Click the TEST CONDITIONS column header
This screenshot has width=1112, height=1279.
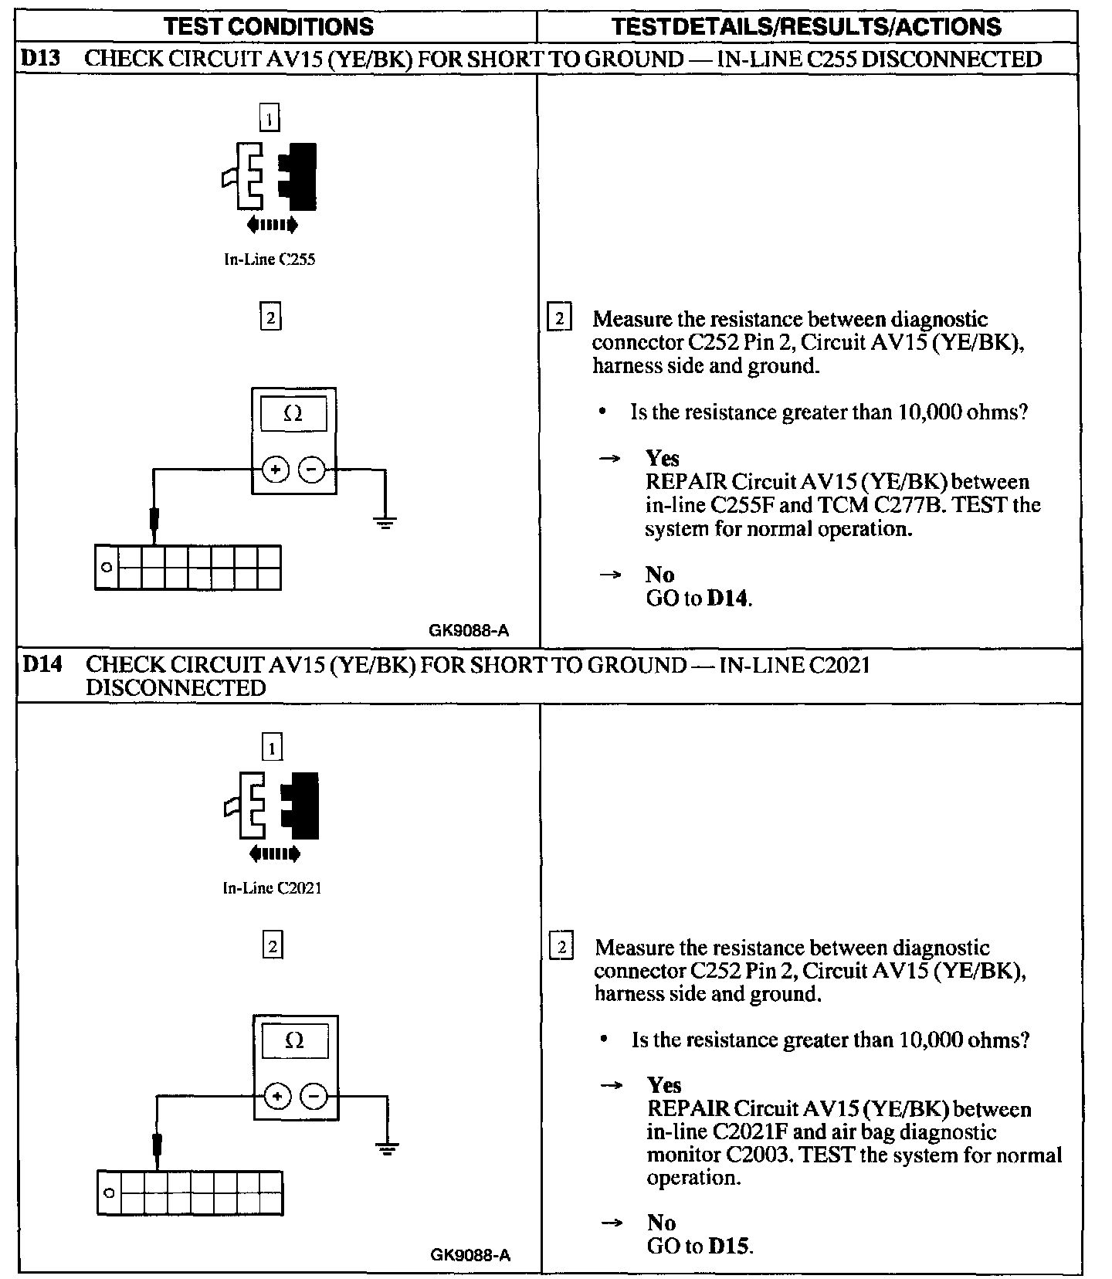269,27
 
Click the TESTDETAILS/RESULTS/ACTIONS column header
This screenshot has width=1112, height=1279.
806,27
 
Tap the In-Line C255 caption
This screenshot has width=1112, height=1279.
270,260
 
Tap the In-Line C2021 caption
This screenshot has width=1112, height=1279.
272,888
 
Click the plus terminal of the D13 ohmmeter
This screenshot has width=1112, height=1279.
276,469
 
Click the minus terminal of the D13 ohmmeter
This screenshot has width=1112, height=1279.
312,469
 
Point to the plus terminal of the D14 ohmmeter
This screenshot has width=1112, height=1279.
278,1096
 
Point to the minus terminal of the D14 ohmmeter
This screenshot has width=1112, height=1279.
314,1096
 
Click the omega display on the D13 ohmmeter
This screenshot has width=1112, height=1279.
293,415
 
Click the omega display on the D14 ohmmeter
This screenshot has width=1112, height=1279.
295,1042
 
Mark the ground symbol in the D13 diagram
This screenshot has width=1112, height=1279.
385,523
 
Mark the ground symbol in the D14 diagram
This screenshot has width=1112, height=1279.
387,1149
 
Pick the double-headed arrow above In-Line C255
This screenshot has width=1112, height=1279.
272,225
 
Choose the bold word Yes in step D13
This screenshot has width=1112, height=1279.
663,458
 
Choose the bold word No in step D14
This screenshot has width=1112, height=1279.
661,1222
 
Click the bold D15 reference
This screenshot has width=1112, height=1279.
728,1245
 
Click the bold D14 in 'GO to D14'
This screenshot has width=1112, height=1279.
727,599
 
